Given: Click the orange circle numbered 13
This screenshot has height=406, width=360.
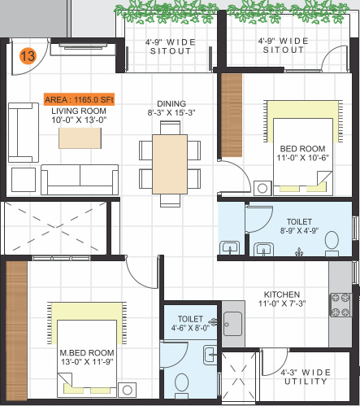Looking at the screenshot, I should [28, 56].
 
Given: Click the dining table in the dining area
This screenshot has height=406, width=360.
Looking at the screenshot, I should [170, 163].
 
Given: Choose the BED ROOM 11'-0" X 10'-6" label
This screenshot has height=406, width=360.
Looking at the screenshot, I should [302, 154].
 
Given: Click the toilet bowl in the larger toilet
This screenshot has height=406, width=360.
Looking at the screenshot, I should [331, 241].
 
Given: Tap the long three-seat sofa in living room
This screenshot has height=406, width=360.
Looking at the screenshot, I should [78, 179].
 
